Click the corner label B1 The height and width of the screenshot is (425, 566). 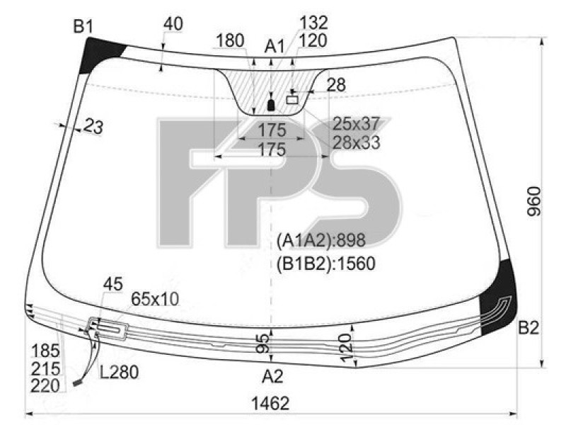coord(83,27)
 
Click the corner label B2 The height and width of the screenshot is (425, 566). coord(529,328)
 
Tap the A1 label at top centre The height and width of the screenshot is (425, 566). coord(275,47)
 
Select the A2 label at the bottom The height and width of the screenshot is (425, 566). coord(272,377)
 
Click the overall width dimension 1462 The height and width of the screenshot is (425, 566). coord(270,403)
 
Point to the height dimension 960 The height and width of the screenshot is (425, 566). coord(534,201)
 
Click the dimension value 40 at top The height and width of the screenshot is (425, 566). coord(173,24)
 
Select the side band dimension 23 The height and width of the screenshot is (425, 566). coord(93,127)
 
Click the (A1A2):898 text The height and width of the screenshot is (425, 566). coord(321,240)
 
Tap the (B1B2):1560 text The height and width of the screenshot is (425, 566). coord(326,263)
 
